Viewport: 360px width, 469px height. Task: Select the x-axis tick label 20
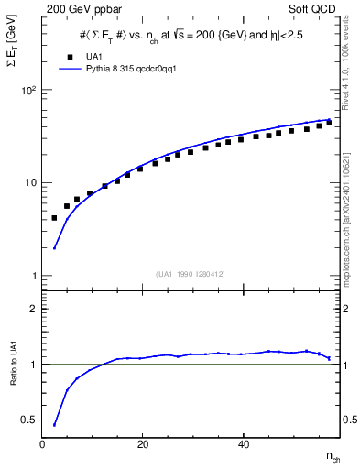click(x=142, y=445)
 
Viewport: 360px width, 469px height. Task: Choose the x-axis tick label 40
click(x=243, y=445)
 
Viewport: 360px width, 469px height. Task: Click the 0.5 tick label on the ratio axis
click(x=29, y=420)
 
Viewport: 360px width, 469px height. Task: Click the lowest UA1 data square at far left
click(x=54, y=218)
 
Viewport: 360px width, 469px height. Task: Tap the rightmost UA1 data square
click(x=329, y=122)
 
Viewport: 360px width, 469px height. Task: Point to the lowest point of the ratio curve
click(x=54, y=425)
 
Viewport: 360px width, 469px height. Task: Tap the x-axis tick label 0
click(x=42, y=445)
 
